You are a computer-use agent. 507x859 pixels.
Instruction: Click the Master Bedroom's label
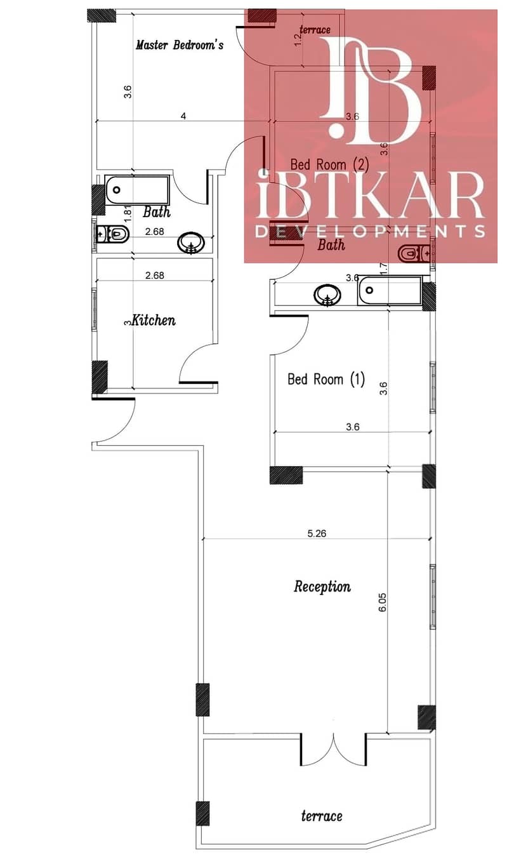pos(180,45)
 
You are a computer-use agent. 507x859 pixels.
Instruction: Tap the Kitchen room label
pos(154,320)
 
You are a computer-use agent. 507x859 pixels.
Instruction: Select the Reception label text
pos(322,587)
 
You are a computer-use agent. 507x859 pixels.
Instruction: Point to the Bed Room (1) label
pos(326,379)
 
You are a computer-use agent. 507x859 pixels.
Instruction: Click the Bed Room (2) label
pos(329,164)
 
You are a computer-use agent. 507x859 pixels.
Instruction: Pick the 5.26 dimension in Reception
pos(317,533)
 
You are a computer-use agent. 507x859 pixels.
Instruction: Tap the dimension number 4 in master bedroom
pos(183,116)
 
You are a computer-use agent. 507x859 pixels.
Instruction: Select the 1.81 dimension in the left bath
pos(128,213)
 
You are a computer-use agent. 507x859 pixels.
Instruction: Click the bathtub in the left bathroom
pos(137,190)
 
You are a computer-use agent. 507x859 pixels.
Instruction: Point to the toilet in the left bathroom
pos(112,234)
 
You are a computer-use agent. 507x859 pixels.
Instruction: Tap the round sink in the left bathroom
pos(191,243)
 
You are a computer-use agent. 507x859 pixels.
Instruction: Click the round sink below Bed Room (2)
pos(327,295)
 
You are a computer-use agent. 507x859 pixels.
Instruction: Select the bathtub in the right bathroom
pos(390,291)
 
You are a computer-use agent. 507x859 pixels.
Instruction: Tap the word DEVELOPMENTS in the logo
pos(370,231)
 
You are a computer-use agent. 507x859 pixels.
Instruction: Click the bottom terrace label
pos(322,816)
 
